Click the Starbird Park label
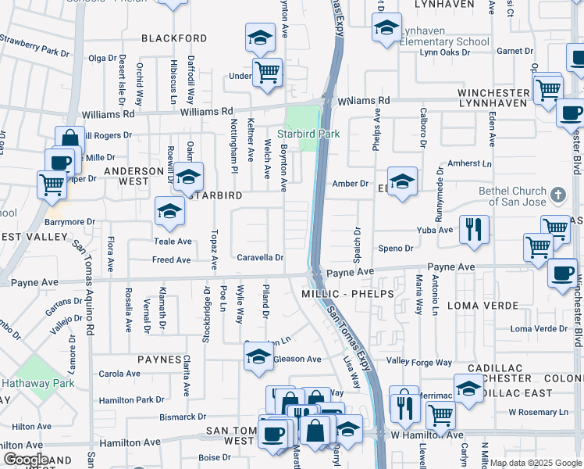click(310, 134)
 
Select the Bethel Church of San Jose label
click(513, 196)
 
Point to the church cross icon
click(557, 194)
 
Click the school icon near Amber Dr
click(402, 181)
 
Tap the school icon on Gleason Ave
click(259, 357)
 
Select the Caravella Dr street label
click(260, 257)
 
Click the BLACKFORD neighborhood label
click(174, 38)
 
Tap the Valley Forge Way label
click(420, 362)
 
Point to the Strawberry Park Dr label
click(35, 45)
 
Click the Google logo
click(26, 460)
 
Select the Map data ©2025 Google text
click(536, 463)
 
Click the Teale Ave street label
click(173, 242)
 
